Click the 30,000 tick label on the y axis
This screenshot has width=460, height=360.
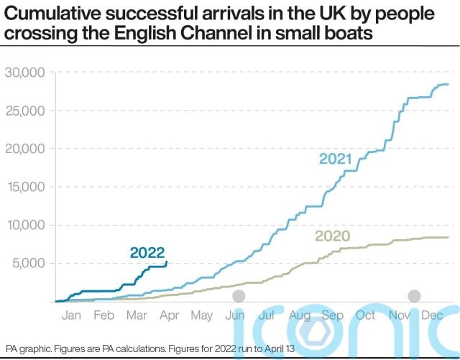click(25, 73)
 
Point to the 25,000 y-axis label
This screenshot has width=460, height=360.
click(25, 111)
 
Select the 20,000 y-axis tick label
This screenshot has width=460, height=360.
click(25, 149)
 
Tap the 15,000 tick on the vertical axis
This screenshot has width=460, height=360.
click(25, 187)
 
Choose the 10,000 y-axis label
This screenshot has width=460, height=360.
click(25, 225)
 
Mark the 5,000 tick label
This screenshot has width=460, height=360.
click(29, 263)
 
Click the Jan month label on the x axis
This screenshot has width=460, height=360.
click(72, 315)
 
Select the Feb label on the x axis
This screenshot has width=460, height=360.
click(104, 315)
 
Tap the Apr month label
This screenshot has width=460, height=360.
click(170, 315)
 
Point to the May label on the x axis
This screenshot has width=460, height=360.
click(202, 315)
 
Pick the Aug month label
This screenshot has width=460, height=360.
click(300, 315)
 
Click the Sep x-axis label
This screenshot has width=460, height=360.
click(333, 315)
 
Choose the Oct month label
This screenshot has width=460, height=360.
click(365, 315)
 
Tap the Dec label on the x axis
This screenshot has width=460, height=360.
click(431, 315)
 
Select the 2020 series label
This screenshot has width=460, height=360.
click(333, 236)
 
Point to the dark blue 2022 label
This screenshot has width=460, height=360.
click(147, 252)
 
